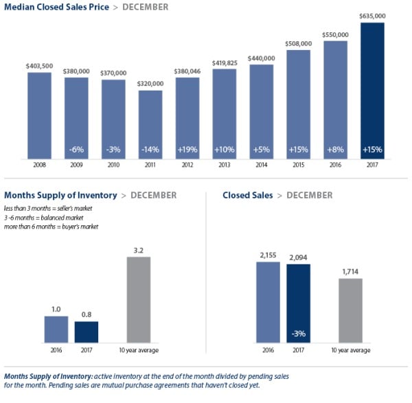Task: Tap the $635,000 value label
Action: (x=372, y=16)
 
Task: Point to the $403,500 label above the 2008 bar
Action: (x=39, y=65)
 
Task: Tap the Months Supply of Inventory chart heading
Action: (x=60, y=196)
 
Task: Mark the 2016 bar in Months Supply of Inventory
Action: (x=56, y=329)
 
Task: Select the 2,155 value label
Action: (x=268, y=255)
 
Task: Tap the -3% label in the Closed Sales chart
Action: (x=298, y=332)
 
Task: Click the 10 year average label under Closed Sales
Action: (x=351, y=350)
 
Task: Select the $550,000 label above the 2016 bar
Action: (x=335, y=34)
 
